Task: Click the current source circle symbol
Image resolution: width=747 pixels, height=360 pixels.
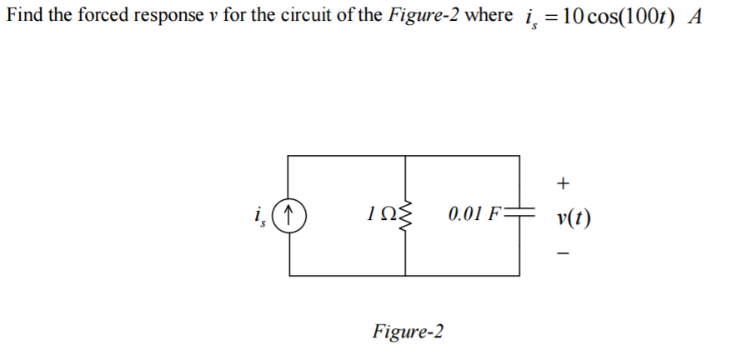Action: [289, 216]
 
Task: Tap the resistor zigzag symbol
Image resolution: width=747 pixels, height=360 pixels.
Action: [406, 216]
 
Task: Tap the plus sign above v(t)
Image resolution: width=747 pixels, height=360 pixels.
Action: [564, 181]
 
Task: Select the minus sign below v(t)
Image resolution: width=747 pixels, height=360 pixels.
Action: [564, 255]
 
